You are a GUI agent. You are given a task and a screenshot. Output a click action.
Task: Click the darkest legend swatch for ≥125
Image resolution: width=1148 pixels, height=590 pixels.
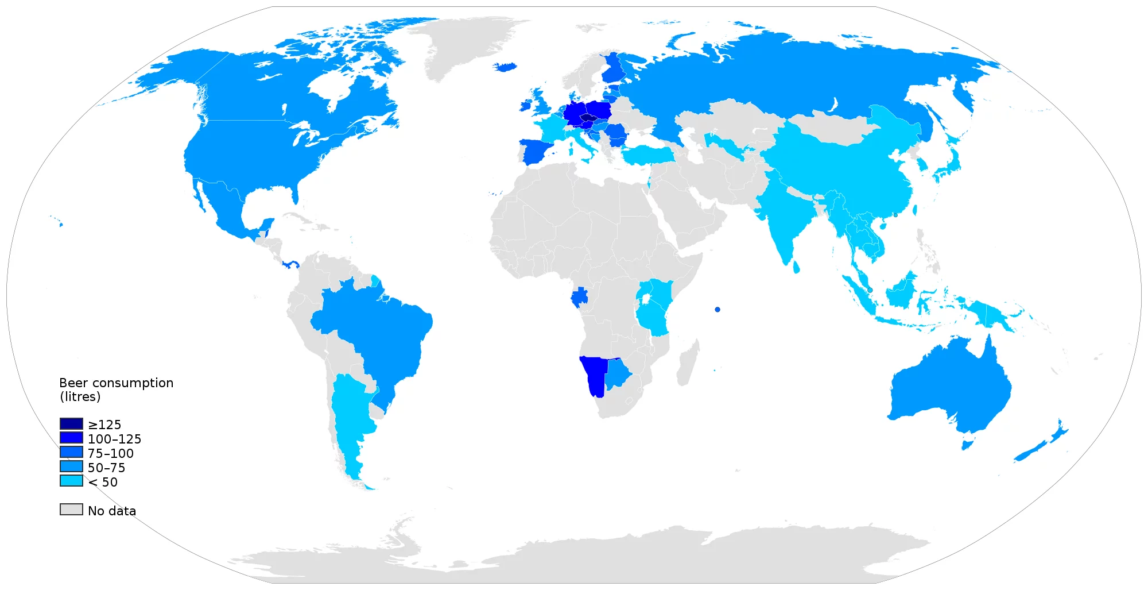click(x=71, y=424)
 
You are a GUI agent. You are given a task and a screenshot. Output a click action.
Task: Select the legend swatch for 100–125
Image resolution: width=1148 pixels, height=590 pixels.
click(x=71, y=438)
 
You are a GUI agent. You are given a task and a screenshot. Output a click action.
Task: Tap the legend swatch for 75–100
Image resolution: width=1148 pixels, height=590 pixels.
click(x=71, y=452)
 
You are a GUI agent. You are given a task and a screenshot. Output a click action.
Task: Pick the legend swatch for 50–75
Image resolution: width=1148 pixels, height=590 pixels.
click(x=71, y=466)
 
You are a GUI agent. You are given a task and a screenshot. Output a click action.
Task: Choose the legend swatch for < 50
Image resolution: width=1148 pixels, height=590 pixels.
click(x=71, y=481)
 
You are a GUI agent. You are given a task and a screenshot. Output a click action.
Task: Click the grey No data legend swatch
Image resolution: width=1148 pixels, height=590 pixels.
click(x=71, y=510)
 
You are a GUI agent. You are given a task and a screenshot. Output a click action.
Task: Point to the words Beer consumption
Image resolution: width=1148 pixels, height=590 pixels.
click(x=116, y=383)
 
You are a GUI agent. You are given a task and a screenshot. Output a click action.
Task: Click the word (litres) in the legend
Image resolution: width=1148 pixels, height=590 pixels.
click(x=80, y=397)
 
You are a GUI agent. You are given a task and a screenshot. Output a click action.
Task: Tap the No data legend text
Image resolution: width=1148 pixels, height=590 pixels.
click(x=112, y=511)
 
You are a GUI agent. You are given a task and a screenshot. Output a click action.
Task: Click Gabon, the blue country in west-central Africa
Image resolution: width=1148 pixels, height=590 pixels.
click(x=580, y=298)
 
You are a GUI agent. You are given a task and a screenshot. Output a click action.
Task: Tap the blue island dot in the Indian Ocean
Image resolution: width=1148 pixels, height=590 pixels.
click(x=717, y=310)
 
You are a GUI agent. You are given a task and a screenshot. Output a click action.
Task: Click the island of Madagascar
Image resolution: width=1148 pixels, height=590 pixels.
click(x=687, y=362)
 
